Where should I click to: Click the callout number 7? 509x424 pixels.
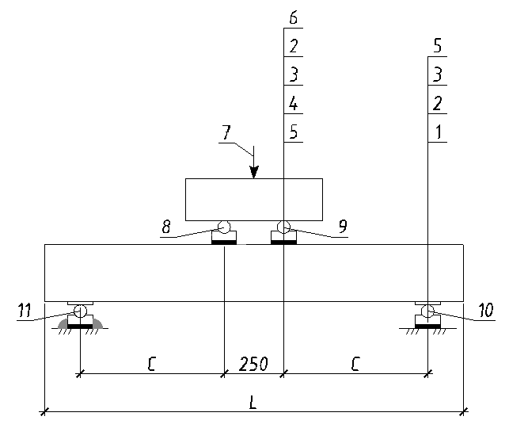226,132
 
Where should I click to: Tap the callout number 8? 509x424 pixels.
166,227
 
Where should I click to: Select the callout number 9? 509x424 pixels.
343,226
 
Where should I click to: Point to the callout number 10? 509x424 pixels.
486,310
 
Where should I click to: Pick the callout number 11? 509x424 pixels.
25,310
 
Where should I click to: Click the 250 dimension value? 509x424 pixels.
253,364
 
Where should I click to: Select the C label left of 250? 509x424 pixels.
152,364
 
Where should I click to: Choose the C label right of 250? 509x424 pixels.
355,364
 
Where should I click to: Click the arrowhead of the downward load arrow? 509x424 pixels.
254,172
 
